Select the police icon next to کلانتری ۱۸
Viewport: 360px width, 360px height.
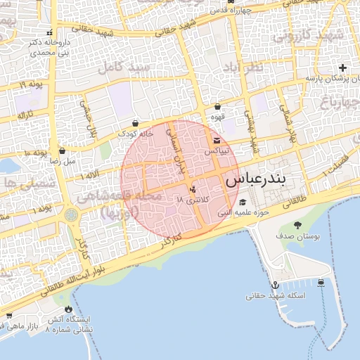[x=193, y=190]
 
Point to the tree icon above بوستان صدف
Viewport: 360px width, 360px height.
[x=298, y=225]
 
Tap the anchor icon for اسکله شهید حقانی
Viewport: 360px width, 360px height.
[x=276, y=285]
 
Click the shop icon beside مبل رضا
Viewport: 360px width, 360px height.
[x=63, y=150]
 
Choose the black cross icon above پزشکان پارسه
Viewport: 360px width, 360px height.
[x=342, y=68]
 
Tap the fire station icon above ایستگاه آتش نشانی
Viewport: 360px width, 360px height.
[x=68, y=309]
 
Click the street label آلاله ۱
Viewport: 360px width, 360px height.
[x=89, y=174]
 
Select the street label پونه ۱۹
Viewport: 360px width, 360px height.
[x=32, y=85]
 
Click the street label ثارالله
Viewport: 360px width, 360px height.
[x=25, y=113]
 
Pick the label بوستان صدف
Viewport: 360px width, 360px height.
[x=298, y=237]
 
